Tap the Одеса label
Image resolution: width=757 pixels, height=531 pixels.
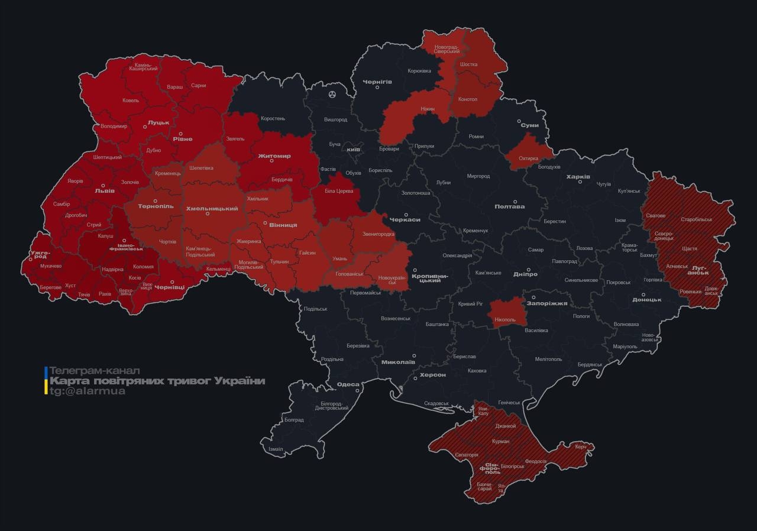[x=348, y=385]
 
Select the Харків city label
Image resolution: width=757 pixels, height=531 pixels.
[x=578, y=176]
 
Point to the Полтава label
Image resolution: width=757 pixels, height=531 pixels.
[x=509, y=206]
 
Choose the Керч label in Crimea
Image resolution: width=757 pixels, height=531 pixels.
[x=580, y=447]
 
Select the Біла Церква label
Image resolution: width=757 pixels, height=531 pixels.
[x=339, y=191]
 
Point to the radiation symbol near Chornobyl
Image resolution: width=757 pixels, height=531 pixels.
[x=332, y=94]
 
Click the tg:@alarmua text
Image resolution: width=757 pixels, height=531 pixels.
[x=87, y=391]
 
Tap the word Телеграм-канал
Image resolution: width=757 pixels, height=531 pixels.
[x=94, y=371]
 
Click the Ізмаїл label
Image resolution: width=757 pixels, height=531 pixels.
[x=276, y=449]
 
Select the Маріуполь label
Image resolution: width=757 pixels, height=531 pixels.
[x=625, y=347]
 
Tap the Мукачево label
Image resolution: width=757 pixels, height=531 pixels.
[x=50, y=266]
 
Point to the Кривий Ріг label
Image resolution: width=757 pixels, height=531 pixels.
[x=470, y=303]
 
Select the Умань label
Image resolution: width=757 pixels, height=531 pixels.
[x=339, y=258]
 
